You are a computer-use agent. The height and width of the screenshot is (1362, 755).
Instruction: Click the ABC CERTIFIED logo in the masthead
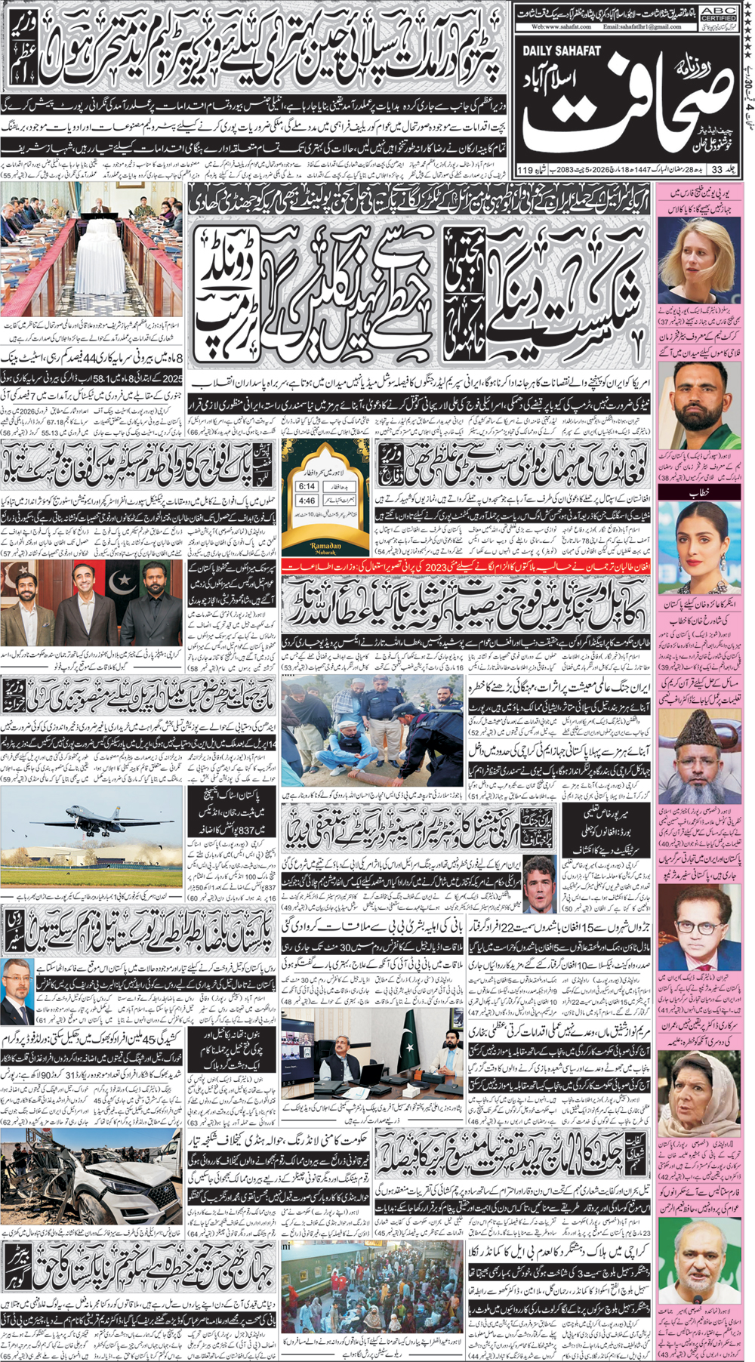[x=717, y=13]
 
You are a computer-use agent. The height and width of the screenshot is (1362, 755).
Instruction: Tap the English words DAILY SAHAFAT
[x=562, y=51]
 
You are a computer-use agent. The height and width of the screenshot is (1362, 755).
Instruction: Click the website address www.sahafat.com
[x=562, y=26]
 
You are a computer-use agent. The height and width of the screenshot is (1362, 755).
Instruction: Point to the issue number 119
[x=525, y=170]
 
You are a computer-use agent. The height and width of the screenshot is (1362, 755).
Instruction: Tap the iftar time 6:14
[x=307, y=486]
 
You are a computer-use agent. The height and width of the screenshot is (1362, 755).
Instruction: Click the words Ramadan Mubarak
[x=326, y=547]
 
